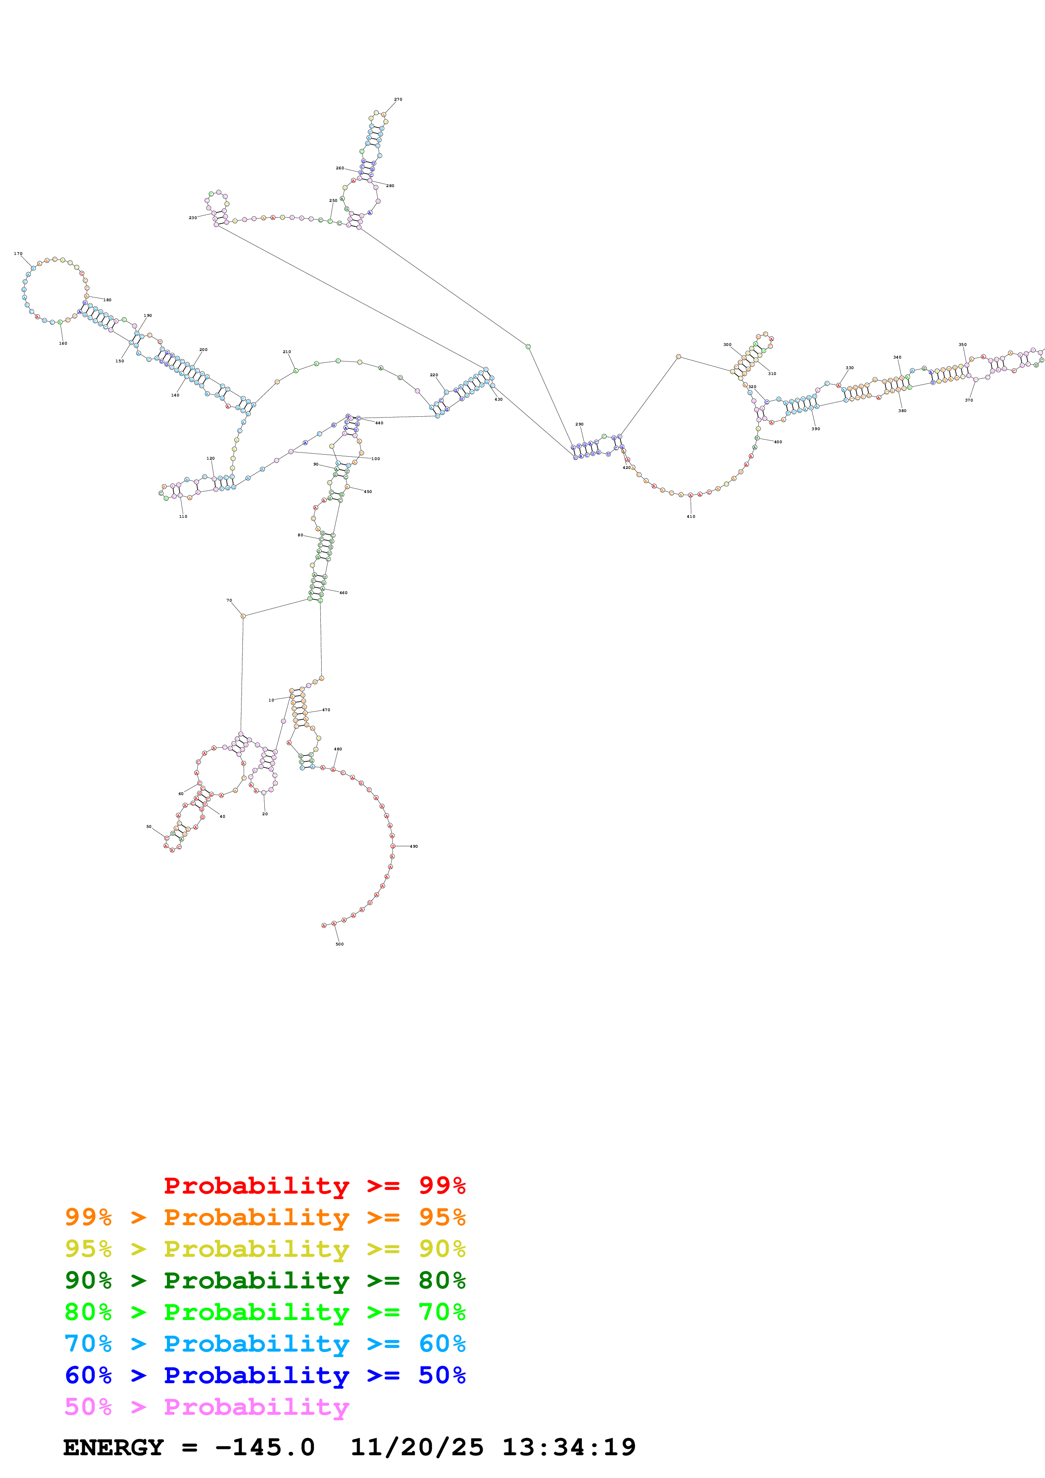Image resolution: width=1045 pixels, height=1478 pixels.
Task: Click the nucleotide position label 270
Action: [x=398, y=100]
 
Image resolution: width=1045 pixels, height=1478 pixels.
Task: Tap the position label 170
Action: [x=18, y=254]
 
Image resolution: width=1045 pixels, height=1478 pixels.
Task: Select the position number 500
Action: [x=339, y=944]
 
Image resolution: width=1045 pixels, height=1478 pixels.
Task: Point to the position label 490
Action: [x=414, y=846]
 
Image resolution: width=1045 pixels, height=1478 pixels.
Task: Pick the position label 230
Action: [x=193, y=218]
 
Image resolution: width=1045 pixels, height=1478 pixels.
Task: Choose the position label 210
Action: [x=287, y=352]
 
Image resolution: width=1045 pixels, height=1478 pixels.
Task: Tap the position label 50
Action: [x=149, y=827]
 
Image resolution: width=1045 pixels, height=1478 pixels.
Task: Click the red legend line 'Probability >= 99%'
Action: [x=314, y=1185]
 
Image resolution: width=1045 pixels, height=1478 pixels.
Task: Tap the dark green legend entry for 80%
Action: [x=265, y=1280]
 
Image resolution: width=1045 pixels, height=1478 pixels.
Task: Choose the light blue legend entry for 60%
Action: [x=265, y=1344]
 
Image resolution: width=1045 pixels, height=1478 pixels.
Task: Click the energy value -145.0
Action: [x=265, y=1448]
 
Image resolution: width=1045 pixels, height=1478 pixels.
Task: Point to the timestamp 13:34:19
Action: [x=569, y=1448]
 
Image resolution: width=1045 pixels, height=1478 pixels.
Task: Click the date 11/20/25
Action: [x=416, y=1448]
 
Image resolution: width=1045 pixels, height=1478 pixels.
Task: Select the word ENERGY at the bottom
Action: [x=113, y=1448]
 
